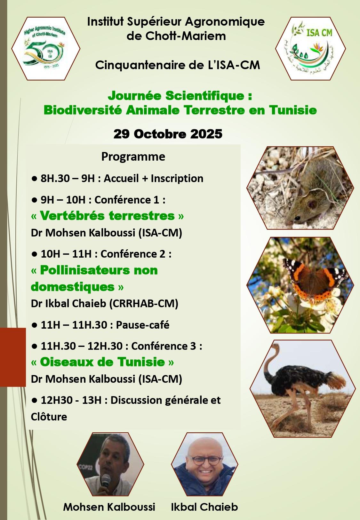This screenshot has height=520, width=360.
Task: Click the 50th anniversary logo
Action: click(x=46, y=48)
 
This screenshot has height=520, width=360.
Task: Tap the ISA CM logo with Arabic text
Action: click(x=310, y=49)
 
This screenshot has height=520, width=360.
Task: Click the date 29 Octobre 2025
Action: click(x=168, y=134)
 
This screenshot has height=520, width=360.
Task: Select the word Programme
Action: click(x=133, y=157)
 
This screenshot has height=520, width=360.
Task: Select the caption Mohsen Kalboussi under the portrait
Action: click(x=109, y=507)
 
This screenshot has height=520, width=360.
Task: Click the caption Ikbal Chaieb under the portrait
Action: click(x=204, y=507)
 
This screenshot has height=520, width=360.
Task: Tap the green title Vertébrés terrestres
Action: click(x=107, y=216)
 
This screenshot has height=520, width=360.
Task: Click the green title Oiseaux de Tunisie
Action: click(x=102, y=362)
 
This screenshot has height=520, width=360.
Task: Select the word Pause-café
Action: click(x=142, y=325)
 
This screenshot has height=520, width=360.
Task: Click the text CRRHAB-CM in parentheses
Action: click(x=143, y=303)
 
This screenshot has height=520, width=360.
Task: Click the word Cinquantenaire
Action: click(x=139, y=65)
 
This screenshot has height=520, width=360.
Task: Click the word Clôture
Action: click(x=49, y=417)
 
